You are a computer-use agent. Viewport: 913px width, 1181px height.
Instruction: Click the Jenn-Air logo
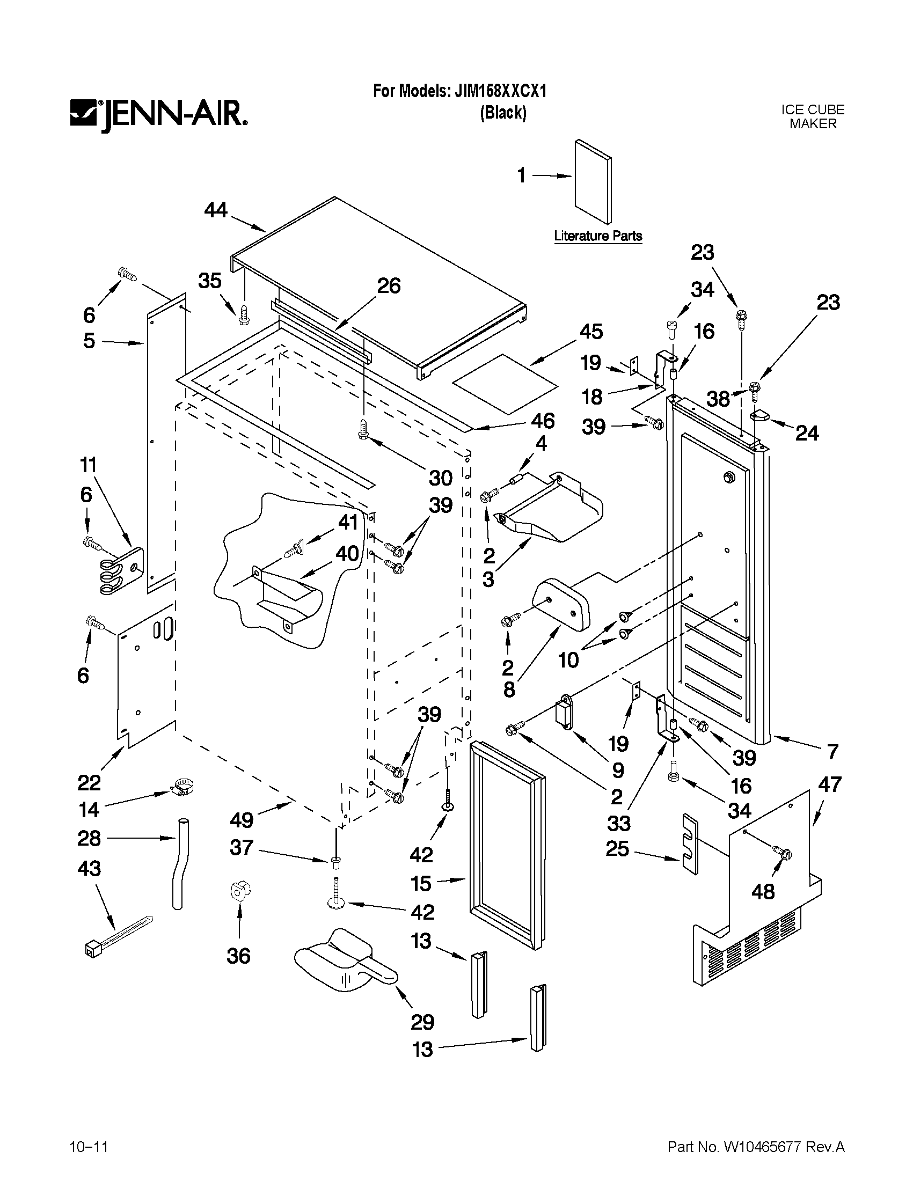coord(159,115)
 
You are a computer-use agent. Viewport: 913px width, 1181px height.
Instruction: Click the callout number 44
coord(216,210)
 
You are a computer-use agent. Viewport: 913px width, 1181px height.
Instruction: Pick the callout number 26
coord(388,286)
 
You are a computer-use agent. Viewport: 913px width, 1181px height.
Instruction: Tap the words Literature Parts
coord(598,236)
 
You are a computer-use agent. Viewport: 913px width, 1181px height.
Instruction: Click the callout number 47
coord(829,784)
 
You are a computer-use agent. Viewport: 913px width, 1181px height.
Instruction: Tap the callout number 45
coord(590,332)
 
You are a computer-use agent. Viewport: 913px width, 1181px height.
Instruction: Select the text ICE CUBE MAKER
coord(813,116)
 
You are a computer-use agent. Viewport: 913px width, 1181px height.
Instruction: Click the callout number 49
coord(241,821)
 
